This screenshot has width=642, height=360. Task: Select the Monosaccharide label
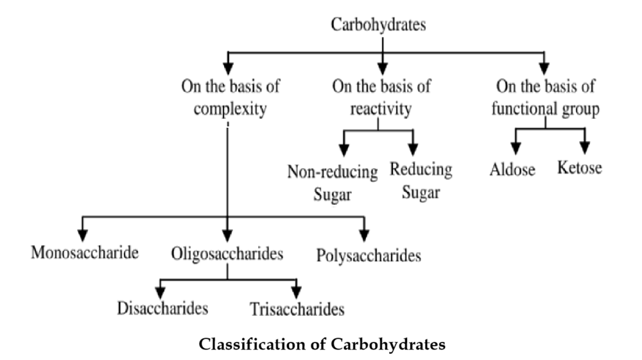point(85,251)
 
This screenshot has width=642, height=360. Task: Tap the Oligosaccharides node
point(227,253)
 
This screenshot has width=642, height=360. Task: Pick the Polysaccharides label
point(369,255)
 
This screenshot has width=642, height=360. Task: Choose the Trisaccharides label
point(297,309)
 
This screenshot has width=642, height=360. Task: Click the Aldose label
point(512,171)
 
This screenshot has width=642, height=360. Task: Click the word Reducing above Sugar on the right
point(421,170)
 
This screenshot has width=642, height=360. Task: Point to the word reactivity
point(380,108)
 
